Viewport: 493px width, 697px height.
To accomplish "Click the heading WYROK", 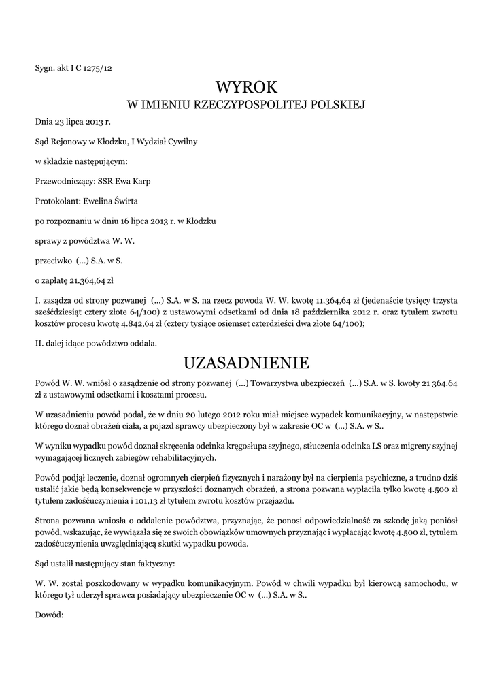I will point(247,87).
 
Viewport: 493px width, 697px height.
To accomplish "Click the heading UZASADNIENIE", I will point(247,361).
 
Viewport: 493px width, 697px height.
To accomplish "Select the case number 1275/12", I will point(99,67).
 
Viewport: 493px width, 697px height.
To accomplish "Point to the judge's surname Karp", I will point(143,181).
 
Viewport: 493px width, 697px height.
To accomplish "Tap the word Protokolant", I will point(57,201).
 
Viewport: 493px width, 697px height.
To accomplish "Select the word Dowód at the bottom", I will point(49,615).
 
